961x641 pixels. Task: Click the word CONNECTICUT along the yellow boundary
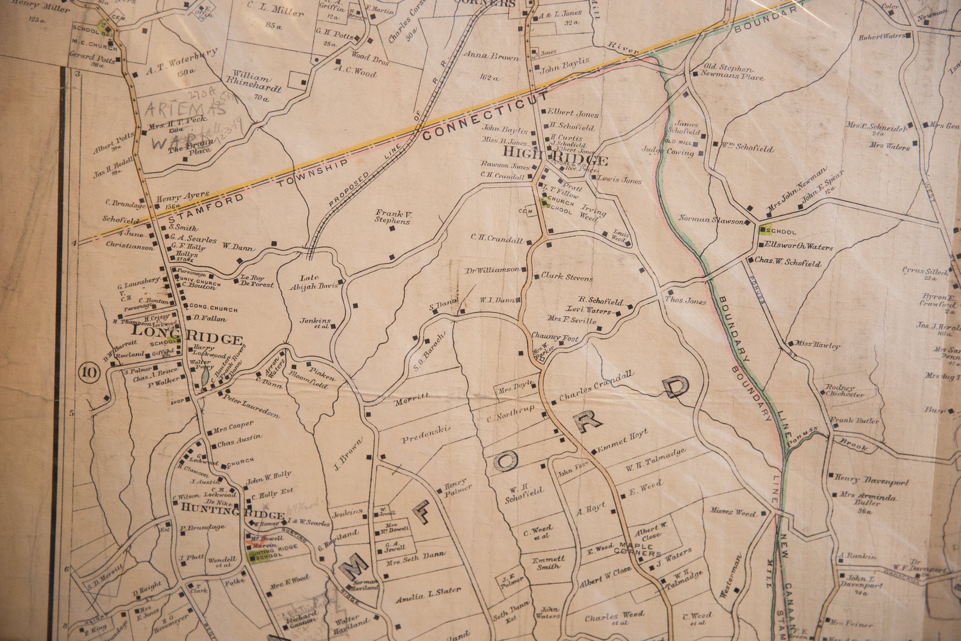click(485, 116)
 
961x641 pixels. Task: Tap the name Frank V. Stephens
click(392, 216)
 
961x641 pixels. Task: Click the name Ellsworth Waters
click(798, 246)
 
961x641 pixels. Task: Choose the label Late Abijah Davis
click(314, 283)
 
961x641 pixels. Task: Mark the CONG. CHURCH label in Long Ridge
click(213, 310)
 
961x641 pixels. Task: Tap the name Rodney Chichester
click(845, 391)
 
